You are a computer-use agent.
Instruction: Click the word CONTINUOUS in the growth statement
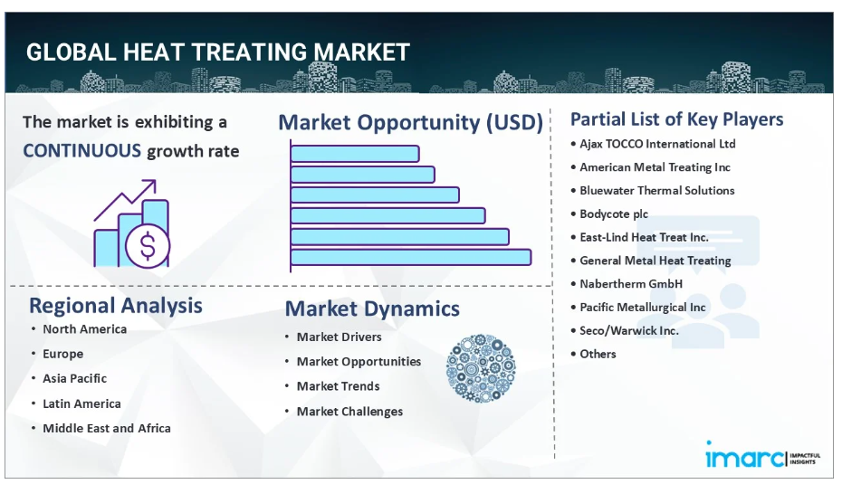[x=81, y=151]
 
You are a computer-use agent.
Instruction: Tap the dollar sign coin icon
[x=148, y=246]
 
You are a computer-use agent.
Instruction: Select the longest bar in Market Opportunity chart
[x=411, y=257]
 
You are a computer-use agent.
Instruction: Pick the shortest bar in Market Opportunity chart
[x=354, y=154]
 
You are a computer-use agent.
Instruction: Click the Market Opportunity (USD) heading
[x=411, y=122]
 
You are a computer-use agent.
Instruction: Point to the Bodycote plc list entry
[x=614, y=214]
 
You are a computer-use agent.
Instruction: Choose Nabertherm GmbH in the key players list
[x=631, y=284]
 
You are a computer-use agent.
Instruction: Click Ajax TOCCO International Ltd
[x=657, y=144]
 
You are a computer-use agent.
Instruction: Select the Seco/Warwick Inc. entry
[x=629, y=330]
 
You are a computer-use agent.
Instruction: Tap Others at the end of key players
[x=598, y=354]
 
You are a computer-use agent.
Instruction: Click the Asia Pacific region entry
[x=74, y=378]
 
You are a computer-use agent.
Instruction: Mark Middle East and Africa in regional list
[x=107, y=428]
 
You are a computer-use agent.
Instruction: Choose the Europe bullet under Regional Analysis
[x=62, y=354]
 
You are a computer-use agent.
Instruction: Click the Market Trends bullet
[x=339, y=386]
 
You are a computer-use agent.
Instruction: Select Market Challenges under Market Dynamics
[x=349, y=412]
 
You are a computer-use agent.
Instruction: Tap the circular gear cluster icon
[x=481, y=368]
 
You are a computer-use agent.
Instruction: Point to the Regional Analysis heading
[x=116, y=305]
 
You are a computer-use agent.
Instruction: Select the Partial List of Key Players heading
[x=676, y=119]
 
